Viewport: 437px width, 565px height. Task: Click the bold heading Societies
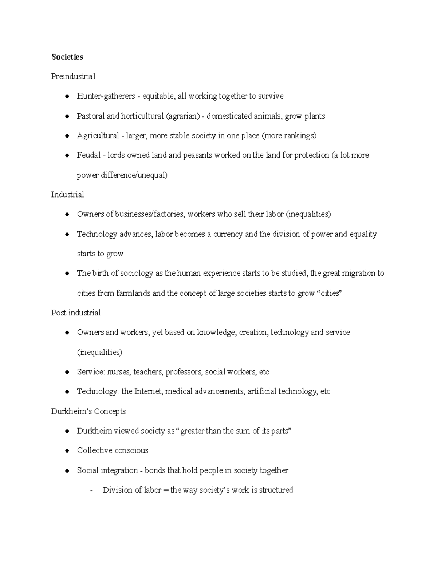[x=67, y=57]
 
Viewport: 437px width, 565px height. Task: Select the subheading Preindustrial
[x=73, y=77]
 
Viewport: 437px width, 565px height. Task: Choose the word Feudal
[x=88, y=155]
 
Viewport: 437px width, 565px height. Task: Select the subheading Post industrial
[x=76, y=313]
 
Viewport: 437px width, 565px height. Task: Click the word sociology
[x=137, y=274]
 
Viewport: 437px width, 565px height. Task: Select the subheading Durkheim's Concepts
[x=88, y=411]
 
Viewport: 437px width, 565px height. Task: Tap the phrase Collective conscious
[x=113, y=451]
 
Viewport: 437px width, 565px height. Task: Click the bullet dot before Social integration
[x=67, y=471]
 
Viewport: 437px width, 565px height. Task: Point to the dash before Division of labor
[x=91, y=490]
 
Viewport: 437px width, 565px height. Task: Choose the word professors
[x=183, y=372]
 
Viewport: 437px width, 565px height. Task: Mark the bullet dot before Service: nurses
[x=67, y=372]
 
